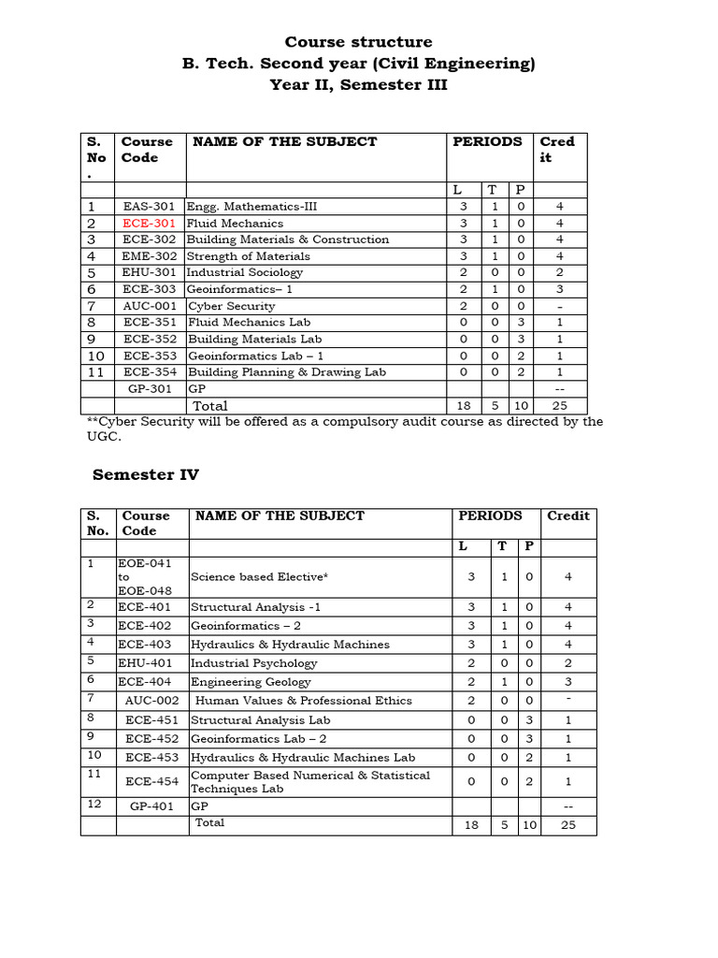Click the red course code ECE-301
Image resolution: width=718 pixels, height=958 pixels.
(149, 224)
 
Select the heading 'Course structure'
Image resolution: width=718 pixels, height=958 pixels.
(358, 42)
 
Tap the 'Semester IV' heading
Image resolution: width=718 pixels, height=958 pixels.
(146, 475)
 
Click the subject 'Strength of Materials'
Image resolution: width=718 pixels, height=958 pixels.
(249, 256)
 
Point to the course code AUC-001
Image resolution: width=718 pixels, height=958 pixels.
(149, 306)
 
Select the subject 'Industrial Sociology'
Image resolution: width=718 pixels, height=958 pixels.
(245, 273)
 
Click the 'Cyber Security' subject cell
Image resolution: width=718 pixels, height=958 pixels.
(232, 306)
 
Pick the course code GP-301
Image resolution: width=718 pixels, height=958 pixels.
(150, 388)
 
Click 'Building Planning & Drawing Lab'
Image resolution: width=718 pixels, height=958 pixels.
(287, 372)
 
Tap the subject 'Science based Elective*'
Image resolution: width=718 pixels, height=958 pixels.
(259, 577)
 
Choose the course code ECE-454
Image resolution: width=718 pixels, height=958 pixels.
(151, 781)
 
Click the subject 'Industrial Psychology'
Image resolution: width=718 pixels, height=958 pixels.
(253, 663)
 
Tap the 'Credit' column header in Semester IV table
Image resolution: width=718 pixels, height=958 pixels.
(568, 515)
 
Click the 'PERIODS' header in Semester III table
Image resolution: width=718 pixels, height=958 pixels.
(487, 142)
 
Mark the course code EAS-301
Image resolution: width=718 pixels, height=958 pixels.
(149, 207)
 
